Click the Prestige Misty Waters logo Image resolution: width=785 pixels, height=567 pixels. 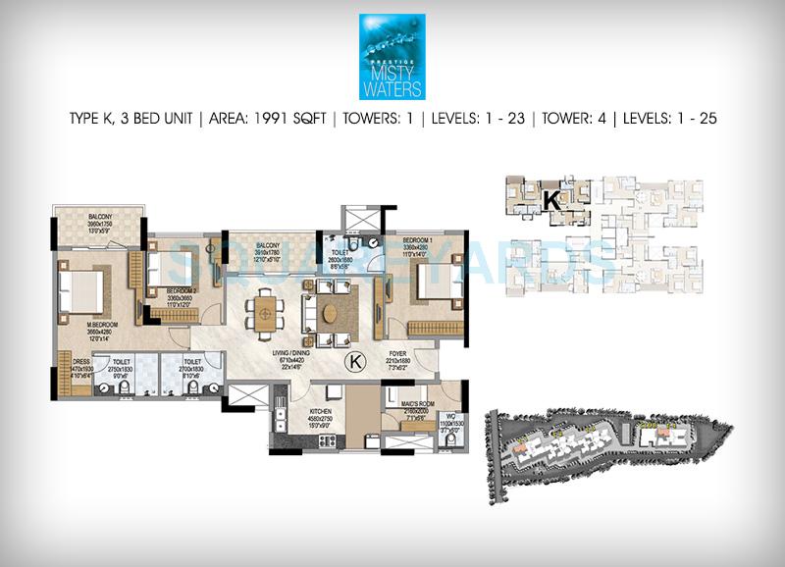(x=392, y=56)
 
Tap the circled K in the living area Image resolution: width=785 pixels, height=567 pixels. (x=356, y=363)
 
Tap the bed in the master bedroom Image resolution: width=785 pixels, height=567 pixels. (x=81, y=291)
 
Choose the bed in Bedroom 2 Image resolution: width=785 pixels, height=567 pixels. (x=167, y=269)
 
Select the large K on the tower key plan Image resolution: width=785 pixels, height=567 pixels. (x=551, y=200)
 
